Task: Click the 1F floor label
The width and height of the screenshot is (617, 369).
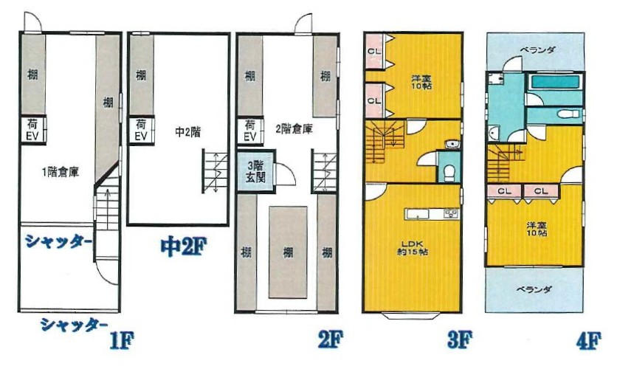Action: click(x=121, y=340)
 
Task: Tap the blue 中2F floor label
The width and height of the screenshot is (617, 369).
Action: click(x=183, y=246)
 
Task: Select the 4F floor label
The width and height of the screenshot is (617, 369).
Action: click(x=588, y=341)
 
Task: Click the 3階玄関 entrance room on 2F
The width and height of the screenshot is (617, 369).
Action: click(x=256, y=171)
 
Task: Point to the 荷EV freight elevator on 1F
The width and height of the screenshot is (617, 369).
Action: click(x=32, y=130)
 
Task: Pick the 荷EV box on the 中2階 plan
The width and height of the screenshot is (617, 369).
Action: click(x=141, y=130)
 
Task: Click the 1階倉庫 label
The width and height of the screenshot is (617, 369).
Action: click(x=61, y=172)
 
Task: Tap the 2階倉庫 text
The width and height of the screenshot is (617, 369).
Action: click(x=294, y=128)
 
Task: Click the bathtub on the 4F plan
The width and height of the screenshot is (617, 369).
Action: click(x=555, y=82)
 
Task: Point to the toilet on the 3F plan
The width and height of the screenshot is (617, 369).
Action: click(x=449, y=171)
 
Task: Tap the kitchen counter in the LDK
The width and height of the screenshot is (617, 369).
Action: click(x=432, y=214)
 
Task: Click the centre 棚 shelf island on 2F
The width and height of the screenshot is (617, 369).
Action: click(x=288, y=252)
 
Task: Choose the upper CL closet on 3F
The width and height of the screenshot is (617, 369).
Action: click(x=374, y=51)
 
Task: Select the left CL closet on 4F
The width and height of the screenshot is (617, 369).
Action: click(x=505, y=191)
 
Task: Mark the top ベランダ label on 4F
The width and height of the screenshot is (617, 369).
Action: click(x=537, y=50)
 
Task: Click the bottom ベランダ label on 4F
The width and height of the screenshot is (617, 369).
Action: click(x=534, y=290)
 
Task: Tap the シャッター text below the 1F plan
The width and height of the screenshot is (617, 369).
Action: click(x=75, y=325)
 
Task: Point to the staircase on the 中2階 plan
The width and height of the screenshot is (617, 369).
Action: click(x=216, y=170)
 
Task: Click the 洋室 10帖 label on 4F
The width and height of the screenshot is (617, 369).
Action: click(x=537, y=229)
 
